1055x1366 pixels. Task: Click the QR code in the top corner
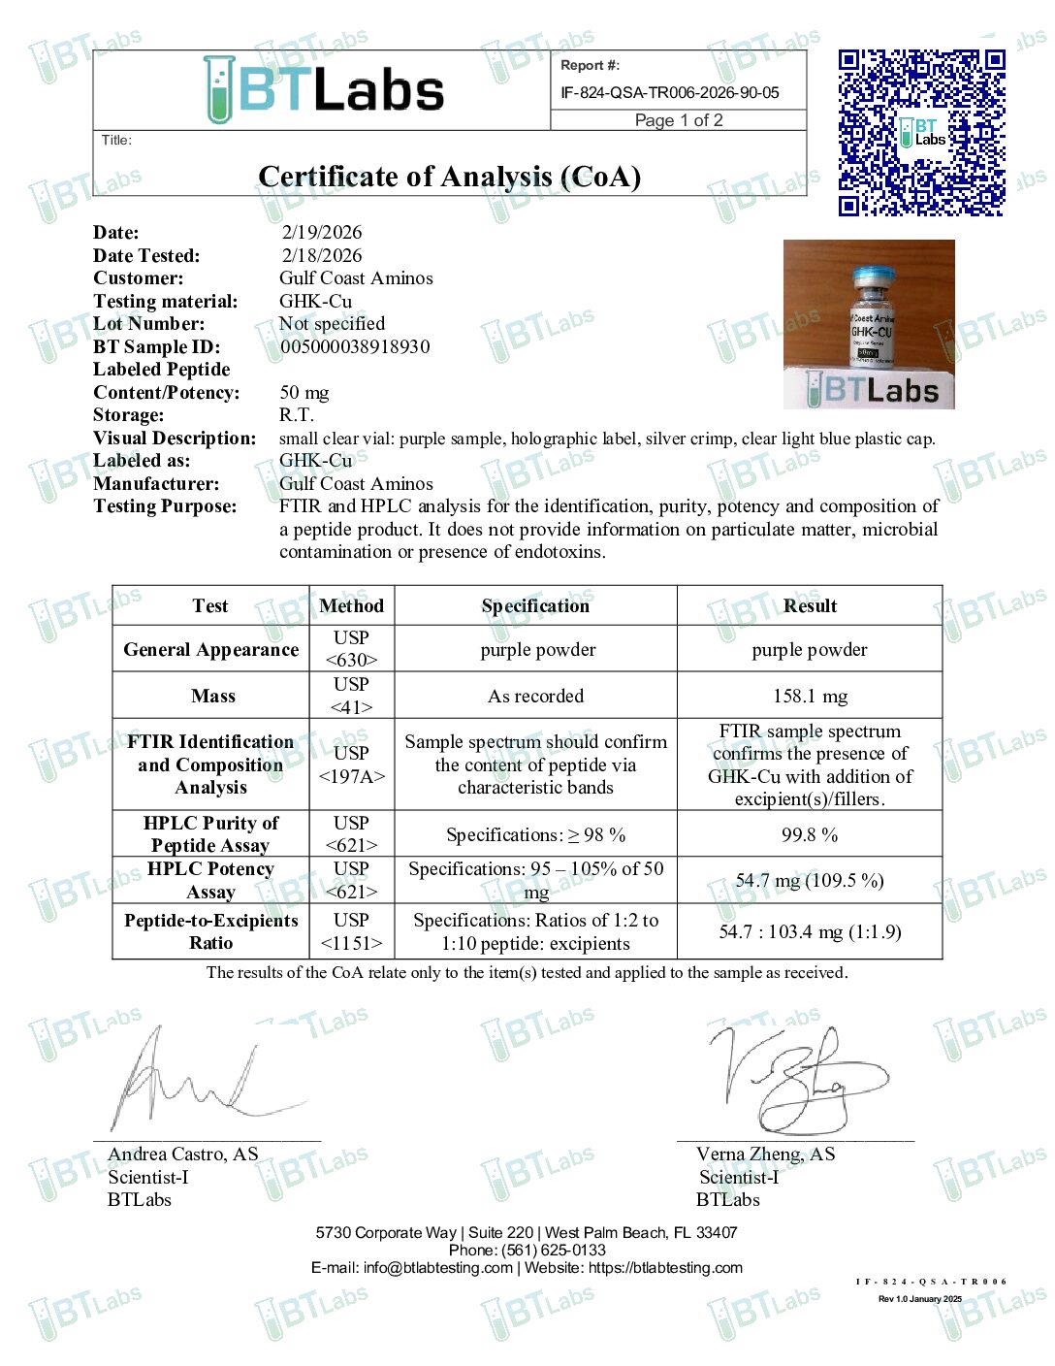click(921, 132)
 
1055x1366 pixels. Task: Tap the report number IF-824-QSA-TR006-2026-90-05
click(669, 93)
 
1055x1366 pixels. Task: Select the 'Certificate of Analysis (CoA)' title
click(449, 177)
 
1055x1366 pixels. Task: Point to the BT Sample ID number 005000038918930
click(355, 346)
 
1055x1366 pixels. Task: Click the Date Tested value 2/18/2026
click(322, 255)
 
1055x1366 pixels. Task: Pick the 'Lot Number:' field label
click(149, 323)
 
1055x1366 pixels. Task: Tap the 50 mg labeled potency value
click(304, 392)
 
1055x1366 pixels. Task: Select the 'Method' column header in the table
click(351, 605)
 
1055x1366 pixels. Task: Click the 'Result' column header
click(810, 605)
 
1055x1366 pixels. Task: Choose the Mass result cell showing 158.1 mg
click(810, 696)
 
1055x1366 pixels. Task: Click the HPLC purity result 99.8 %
click(810, 834)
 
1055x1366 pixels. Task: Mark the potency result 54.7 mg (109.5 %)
click(810, 880)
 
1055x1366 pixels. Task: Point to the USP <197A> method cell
click(351, 764)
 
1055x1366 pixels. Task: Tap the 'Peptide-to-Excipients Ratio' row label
click(210, 931)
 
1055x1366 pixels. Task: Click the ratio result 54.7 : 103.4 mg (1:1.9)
click(810, 931)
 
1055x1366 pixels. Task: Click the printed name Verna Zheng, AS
click(765, 1154)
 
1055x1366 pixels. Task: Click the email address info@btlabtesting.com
click(438, 1267)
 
